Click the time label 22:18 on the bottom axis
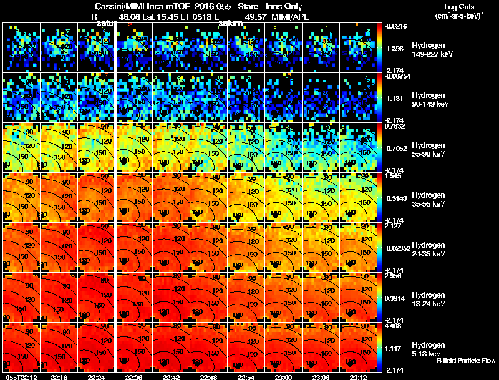point(59,377)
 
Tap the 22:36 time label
point(133,377)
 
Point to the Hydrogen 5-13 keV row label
point(427,349)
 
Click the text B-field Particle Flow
point(465,361)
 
